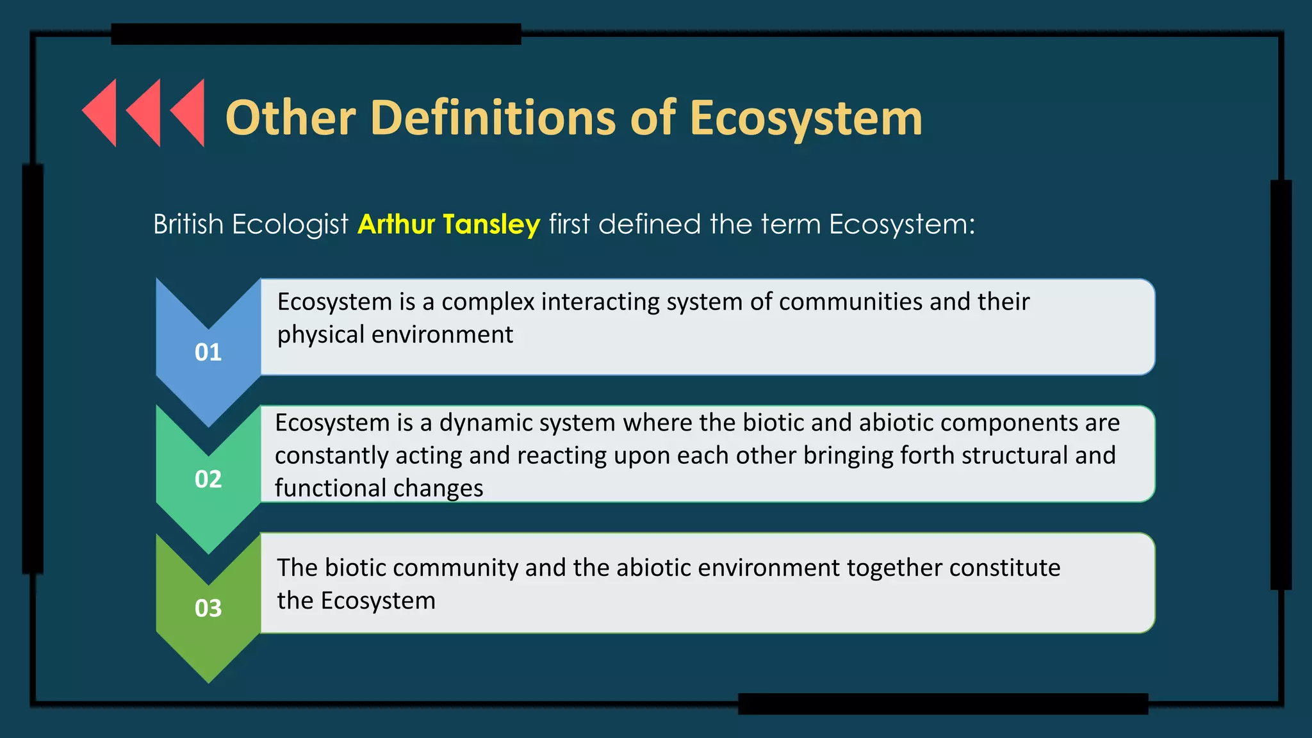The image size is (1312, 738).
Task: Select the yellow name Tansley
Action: (491, 225)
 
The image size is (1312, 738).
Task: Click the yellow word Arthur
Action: (397, 224)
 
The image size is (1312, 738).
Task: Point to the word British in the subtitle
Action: (188, 225)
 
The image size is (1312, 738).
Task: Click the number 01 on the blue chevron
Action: (208, 352)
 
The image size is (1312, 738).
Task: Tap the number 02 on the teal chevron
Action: (208, 479)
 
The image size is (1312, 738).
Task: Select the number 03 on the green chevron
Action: (208, 608)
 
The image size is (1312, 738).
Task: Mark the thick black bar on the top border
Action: (316, 34)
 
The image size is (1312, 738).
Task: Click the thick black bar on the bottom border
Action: (942, 703)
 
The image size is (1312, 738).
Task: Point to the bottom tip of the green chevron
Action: (208, 680)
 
